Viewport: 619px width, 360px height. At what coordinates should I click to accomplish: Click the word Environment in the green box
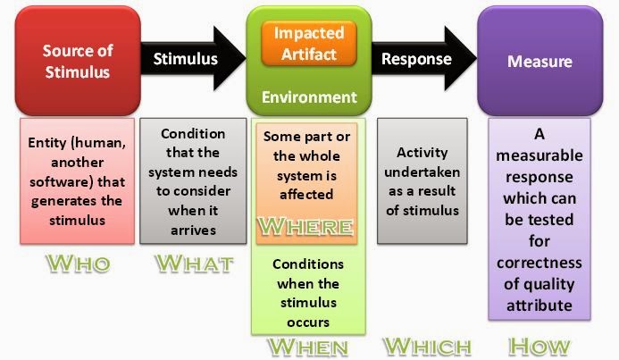click(309, 96)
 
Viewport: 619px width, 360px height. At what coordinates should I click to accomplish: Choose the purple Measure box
click(539, 62)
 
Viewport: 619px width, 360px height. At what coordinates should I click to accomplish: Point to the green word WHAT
click(193, 265)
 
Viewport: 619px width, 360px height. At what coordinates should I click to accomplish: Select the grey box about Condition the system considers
click(193, 180)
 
